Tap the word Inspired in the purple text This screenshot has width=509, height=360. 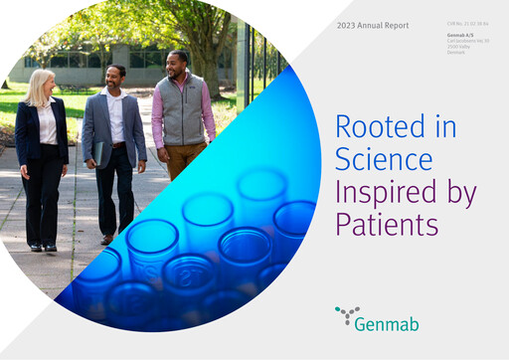380,191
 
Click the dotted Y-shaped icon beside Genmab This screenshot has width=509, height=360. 348,315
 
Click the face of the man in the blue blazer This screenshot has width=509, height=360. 116,77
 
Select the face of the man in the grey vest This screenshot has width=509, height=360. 176,63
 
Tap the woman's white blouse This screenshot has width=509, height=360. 47,124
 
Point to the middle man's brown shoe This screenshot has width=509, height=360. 106,239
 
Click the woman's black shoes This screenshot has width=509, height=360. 43,248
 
